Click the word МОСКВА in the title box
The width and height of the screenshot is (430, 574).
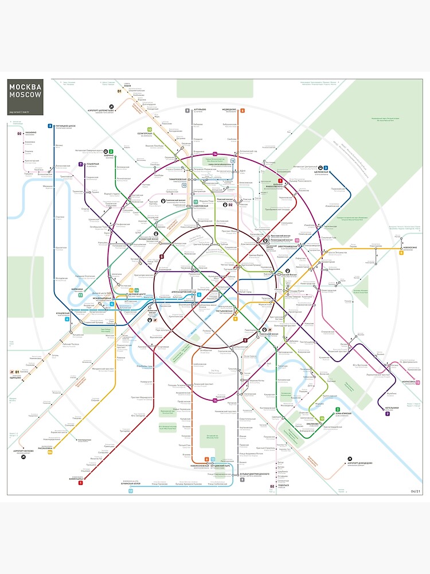coord(25,87)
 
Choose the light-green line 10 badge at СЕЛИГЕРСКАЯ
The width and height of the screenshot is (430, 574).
coord(149,130)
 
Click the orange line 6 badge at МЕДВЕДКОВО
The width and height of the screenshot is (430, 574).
coord(243,110)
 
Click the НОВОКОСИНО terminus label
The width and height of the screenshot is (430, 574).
coord(411,248)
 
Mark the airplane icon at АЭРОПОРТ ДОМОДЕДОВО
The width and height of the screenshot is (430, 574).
coord(349,462)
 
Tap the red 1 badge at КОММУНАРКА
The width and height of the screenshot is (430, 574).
coord(81,483)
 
